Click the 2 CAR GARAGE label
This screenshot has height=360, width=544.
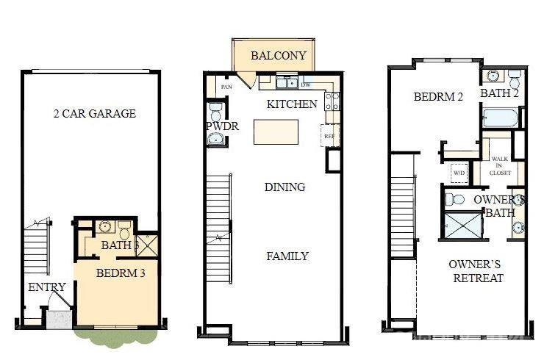[x=95, y=114]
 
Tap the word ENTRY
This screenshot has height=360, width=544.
[x=47, y=287]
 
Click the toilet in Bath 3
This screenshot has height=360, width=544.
[x=124, y=227]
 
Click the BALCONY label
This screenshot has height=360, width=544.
[x=274, y=56]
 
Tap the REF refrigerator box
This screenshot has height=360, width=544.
[x=329, y=136]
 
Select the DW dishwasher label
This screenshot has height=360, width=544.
[x=305, y=84]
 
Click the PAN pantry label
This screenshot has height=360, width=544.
[x=227, y=86]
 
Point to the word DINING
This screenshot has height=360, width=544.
[x=284, y=187]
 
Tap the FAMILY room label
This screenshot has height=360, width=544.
[x=287, y=256]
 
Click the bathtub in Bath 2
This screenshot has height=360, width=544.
[x=501, y=118]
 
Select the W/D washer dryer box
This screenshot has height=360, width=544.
[x=459, y=173]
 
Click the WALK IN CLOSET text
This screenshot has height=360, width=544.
[x=500, y=165]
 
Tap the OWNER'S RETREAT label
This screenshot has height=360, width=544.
[x=476, y=271]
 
